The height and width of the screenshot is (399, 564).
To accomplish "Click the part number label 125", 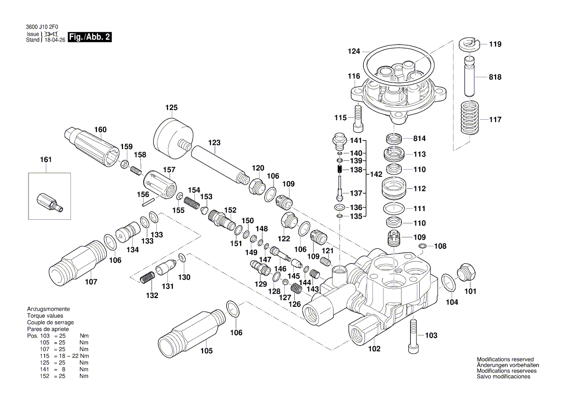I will click(172, 107).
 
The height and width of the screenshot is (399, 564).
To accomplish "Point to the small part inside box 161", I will click(47, 201).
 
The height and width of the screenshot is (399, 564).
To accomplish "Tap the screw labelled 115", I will click(358, 118).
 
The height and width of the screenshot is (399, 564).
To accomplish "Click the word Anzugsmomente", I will click(48, 309).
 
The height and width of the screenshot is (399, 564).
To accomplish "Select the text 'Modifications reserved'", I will click(505, 360).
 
